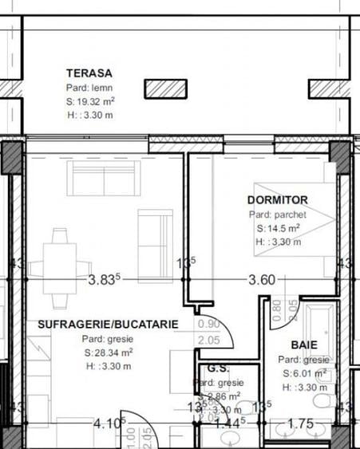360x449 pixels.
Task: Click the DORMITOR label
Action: (277, 200)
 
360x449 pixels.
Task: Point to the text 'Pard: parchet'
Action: (278, 214)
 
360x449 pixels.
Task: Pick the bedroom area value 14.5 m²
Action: (278, 227)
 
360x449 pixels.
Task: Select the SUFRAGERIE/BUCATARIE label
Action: (107, 325)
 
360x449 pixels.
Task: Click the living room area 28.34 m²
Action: (107, 352)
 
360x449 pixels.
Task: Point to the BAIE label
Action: (304, 345)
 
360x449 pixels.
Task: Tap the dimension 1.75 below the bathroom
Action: (300, 423)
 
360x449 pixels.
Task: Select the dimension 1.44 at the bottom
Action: (228, 423)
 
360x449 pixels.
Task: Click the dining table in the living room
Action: (59, 267)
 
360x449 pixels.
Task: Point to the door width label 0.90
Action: (209, 324)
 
